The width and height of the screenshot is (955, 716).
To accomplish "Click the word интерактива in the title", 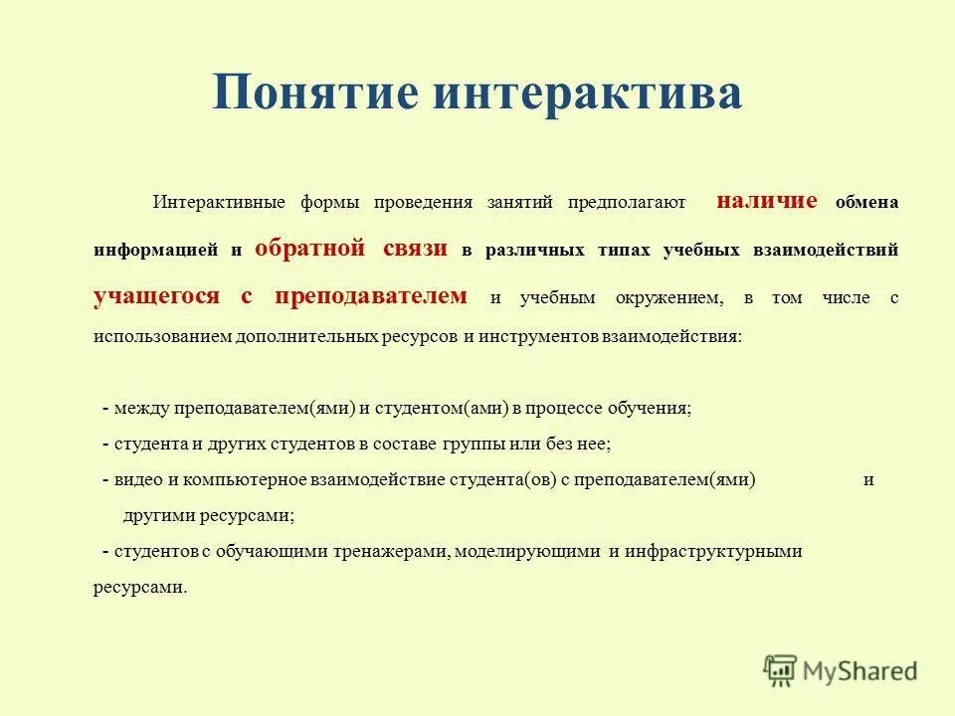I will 587,95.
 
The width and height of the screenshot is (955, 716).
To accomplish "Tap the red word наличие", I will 767,201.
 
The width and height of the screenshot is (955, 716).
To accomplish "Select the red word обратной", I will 310,249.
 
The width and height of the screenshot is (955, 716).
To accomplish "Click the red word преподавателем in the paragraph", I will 371,295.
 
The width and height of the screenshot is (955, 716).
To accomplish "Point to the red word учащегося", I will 156,295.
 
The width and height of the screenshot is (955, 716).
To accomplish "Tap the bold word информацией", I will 155,251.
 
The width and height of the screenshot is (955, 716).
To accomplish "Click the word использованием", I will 163,336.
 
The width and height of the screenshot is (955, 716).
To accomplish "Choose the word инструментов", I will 538,336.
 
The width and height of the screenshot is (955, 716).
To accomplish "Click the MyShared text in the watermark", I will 861,671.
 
